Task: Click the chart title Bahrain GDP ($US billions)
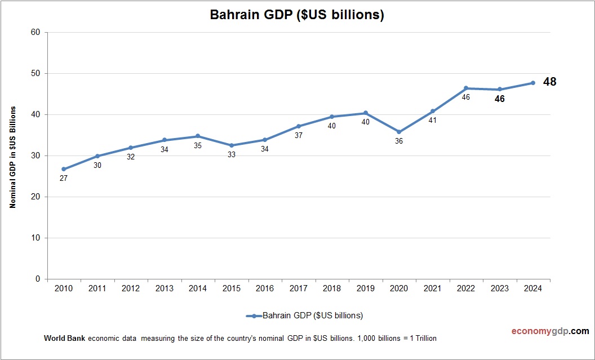[x=297, y=15]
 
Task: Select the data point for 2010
[x=64, y=169]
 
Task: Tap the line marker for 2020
[x=399, y=132]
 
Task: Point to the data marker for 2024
[x=533, y=83]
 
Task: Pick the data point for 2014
[x=198, y=136]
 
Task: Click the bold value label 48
[x=549, y=82]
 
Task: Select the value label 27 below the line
[x=64, y=178]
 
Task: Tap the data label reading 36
[x=399, y=141]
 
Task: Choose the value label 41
[x=433, y=120]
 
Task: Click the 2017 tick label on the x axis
[x=298, y=288]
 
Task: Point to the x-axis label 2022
[x=466, y=288]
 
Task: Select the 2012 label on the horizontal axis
[x=131, y=288]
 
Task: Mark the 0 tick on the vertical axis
[x=37, y=279]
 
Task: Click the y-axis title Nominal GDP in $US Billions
[x=12, y=157]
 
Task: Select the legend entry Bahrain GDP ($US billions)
[x=304, y=315]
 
